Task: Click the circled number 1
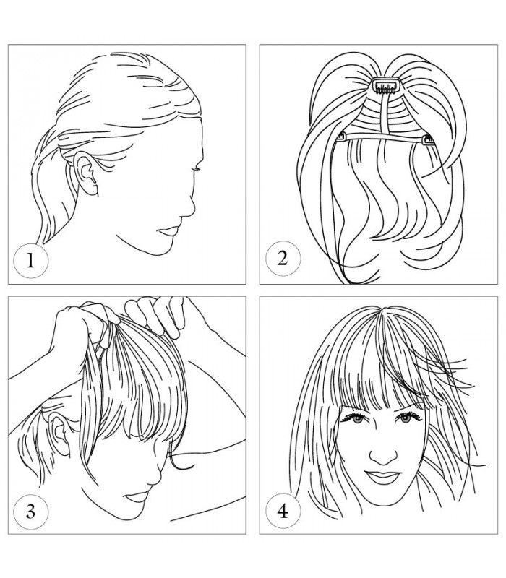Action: [x=30, y=260]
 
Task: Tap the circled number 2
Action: [x=283, y=258]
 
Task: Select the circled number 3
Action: [x=30, y=512]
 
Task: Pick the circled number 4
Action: [x=283, y=511]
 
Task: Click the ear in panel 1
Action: [x=86, y=174]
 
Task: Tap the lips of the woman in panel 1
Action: [x=168, y=231]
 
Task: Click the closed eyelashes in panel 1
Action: [x=197, y=169]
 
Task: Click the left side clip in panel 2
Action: [x=341, y=137]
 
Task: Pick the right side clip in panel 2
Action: [x=428, y=139]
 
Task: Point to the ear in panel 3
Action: [x=60, y=433]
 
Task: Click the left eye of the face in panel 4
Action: [x=356, y=418]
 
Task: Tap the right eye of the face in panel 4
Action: [x=406, y=418]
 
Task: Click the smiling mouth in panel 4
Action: [x=383, y=477]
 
